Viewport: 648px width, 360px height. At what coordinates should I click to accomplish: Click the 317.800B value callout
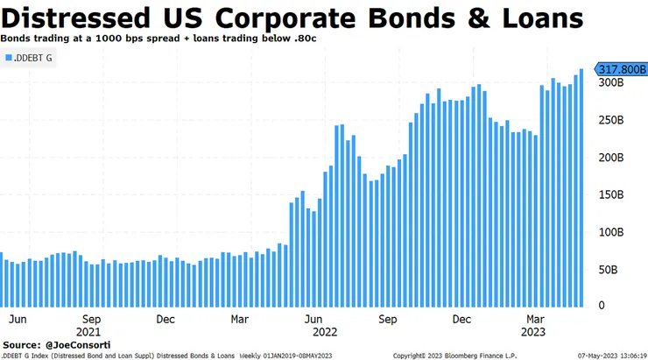[x=620, y=69]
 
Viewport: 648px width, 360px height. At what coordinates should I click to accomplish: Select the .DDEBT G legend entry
[x=31, y=57]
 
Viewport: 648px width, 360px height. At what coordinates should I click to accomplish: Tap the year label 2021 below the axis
[x=88, y=332]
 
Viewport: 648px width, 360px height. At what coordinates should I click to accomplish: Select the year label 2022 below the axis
[x=325, y=332]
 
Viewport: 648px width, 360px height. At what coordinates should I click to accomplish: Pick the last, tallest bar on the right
[x=581, y=188]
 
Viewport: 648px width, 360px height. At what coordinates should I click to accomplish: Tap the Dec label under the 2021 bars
[x=166, y=320]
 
